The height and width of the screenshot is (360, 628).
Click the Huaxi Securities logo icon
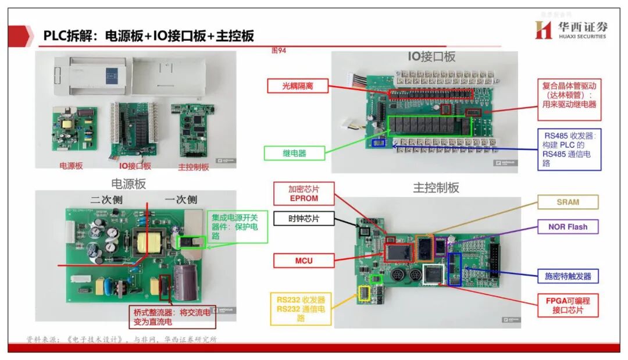(x=543, y=30)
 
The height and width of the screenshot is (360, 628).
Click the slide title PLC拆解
(x=149, y=35)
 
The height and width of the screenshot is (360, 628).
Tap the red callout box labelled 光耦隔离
(x=298, y=86)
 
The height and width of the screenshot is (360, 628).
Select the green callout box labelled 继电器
(x=294, y=154)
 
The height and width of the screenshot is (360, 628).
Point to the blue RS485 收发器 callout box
(x=569, y=149)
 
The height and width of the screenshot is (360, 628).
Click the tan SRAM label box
(x=568, y=202)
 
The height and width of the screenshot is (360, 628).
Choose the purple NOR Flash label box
(x=568, y=227)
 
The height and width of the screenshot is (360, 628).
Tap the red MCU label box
(x=303, y=261)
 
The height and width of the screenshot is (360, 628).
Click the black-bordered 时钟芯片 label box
(x=304, y=219)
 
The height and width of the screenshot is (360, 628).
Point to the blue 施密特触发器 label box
(x=568, y=276)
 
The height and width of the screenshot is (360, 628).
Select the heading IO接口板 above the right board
(x=431, y=56)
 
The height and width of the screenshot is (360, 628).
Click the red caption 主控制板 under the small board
(x=193, y=167)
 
